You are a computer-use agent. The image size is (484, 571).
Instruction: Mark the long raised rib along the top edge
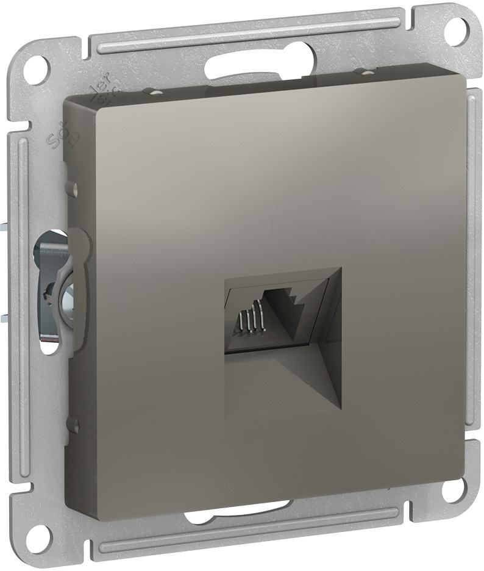click(x=244, y=34)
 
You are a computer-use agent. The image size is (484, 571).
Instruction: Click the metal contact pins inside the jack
click(x=250, y=320)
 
